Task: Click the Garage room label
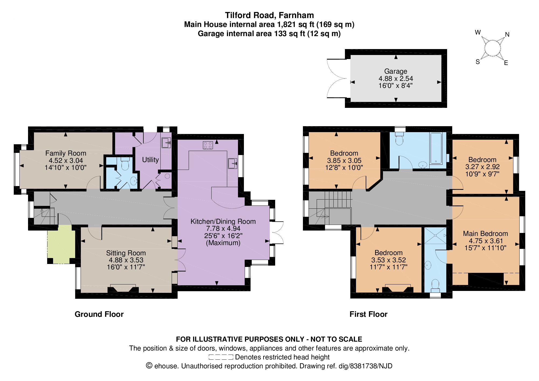point(396,71)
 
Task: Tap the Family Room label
point(66,153)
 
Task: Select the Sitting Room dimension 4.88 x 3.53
point(126,260)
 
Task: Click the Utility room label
point(150,160)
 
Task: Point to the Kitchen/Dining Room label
point(223,221)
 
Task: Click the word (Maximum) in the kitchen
point(223,243)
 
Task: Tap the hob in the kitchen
point(208,145)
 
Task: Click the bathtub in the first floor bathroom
point(436,148)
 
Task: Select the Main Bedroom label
point(485,234)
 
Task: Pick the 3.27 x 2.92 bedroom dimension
point(482,167)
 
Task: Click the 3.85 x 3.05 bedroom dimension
point(344,160)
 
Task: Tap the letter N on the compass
point(507,35)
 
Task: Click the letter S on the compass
point(478,62)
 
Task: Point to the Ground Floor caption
point(99,314)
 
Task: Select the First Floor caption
point(368,314)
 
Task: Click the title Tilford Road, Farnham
point(269,15)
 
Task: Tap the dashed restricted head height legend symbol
point(221,357)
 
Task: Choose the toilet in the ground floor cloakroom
point(125,164)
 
